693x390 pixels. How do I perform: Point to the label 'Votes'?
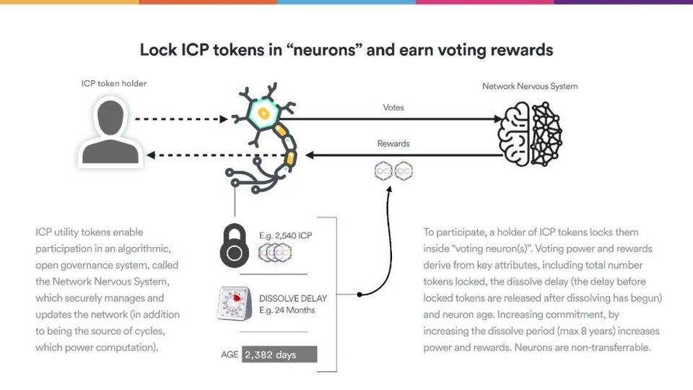(x=393, y=108)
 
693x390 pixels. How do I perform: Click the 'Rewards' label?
(x=393, y=144)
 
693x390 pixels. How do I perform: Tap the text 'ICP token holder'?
(x=113, y=84)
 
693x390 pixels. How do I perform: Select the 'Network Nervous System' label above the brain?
(x=530, y=87)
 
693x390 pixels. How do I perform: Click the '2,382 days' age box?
(x=279, y=355)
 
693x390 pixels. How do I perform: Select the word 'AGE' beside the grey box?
(x=230, y=355)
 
